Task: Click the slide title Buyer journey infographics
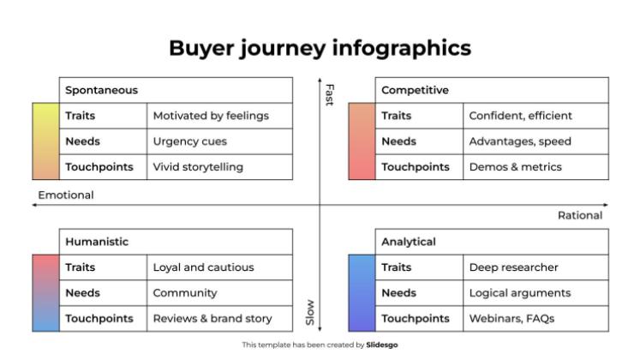(320, 48)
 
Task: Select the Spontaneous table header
(176, 90)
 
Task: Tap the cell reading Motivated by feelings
(219, 116)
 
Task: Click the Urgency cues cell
(219, 141)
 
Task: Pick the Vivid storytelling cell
(219, 167)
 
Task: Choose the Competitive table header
(492, 90)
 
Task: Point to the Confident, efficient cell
(536, 116)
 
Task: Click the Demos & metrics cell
(536, 167)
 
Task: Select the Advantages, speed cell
(536, 141)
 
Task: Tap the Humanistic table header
(176, 242)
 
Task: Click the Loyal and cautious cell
(219, 267)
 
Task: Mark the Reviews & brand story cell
(219, 318)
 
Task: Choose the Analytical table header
(492, 242)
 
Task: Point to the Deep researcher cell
(536, 267)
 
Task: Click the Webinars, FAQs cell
(536, 318)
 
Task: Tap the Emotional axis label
(66, 195)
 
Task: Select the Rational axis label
(580, 215)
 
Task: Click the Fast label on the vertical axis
(330, 95)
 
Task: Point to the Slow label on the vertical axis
(310, 313)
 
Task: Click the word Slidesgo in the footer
(381, 345)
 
